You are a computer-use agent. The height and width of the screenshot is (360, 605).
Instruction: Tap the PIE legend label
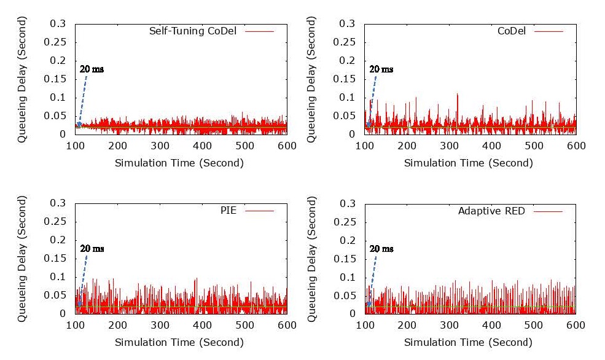point(228,211)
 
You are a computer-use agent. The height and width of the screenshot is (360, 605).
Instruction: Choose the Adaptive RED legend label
point(491,211)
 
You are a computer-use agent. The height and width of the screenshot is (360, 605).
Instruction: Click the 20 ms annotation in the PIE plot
point(92,249)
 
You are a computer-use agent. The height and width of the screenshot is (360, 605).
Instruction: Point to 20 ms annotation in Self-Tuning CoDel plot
point(92,69)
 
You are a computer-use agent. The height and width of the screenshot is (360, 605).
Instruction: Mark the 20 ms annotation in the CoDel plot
point(381,69)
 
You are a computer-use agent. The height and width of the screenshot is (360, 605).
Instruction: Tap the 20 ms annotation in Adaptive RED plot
point(381,249)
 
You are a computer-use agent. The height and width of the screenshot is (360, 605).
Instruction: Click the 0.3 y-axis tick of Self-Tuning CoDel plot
point(59,24)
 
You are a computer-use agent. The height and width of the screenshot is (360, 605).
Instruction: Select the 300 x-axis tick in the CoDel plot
point(449,146)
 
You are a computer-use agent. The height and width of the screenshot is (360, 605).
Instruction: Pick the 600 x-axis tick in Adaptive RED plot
point(576,326)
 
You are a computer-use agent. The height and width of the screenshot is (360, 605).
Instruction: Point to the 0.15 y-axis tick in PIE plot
point(57,259)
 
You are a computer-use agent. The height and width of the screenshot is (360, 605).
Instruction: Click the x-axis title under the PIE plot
point(179,342)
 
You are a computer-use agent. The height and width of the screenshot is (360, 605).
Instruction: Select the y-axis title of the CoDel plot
point(311,80)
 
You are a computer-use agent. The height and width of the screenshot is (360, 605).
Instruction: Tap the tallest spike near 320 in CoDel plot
point(458,95)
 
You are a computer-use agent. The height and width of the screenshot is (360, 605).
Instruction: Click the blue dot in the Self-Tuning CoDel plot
point(79,125)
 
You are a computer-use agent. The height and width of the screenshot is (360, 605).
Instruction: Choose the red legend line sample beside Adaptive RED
point(548,211)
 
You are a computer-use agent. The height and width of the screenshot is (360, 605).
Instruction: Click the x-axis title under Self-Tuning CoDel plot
point(179,163)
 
